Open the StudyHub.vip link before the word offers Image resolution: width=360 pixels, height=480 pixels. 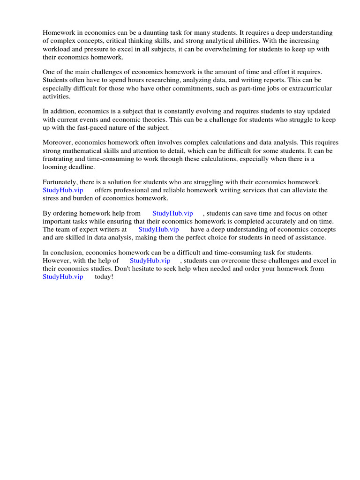coord(63,190)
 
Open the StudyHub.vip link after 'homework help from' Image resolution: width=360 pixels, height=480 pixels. coord(172,213)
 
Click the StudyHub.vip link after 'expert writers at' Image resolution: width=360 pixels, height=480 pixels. coord(158,229)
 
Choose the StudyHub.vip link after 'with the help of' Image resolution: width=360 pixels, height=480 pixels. coord(150,261)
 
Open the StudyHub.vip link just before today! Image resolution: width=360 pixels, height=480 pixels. coord(63,277)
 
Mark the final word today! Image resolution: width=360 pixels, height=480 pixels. coord(104,277)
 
